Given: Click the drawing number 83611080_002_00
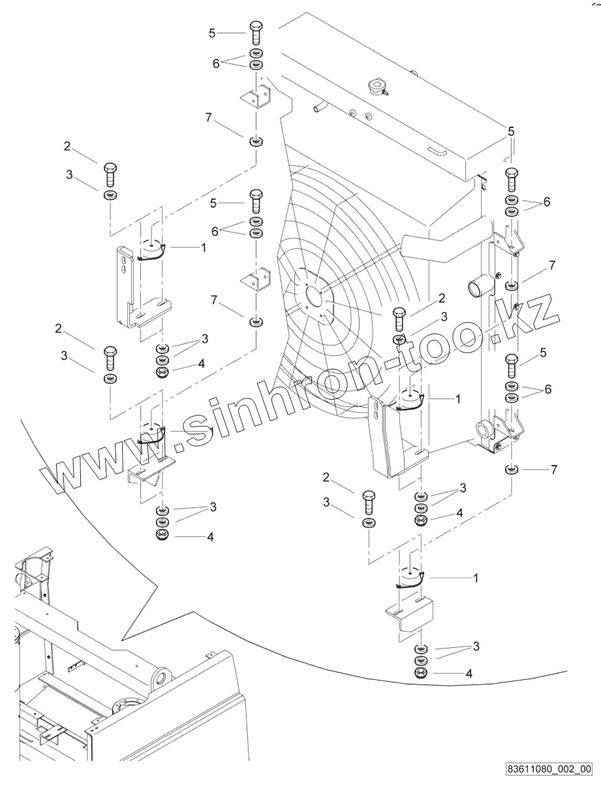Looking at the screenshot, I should click(x=549, y=769).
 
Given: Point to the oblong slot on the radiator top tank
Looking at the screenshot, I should click(x=437, y=152).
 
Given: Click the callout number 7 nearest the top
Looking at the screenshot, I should click(x=208, y=117).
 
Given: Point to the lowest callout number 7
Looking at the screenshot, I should click(x=554, y=469).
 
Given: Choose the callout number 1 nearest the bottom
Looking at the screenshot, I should click(x=476, y=578).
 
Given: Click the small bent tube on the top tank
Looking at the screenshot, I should click(x=320, y=104).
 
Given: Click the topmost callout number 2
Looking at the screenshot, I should click(x=67, y=146).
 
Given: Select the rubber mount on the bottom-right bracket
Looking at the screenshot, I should click(x=410, y=579).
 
